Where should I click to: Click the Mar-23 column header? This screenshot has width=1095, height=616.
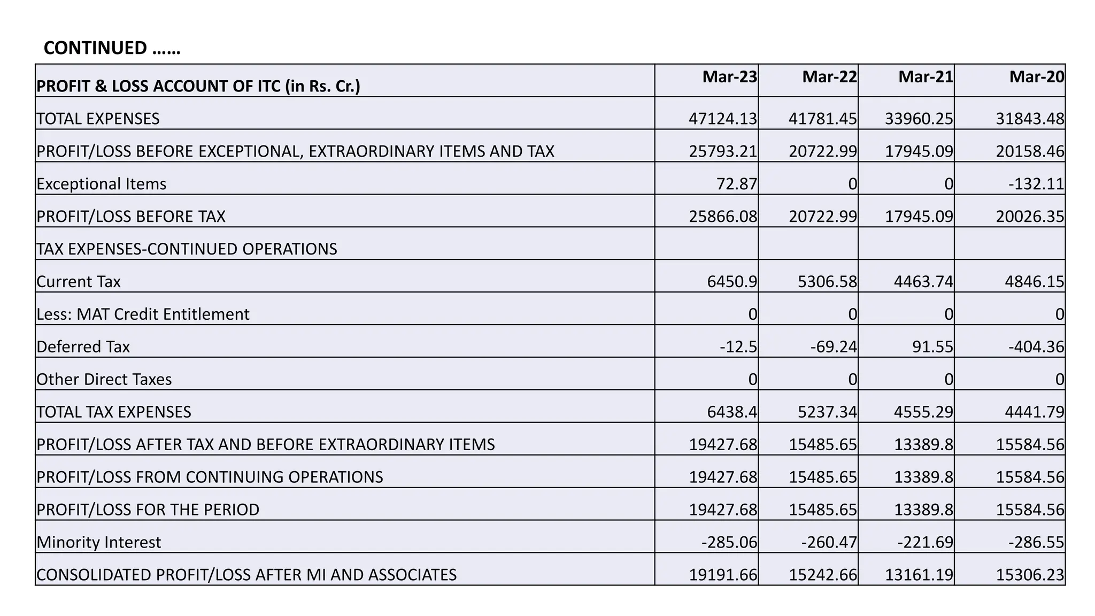[729, 77]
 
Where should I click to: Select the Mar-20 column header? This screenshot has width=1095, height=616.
[1036, 77]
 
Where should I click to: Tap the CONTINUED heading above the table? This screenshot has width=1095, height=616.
[112, 48]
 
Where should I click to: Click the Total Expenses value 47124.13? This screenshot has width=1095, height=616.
[722, 119]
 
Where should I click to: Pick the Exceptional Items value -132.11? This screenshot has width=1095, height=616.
[1036, 184]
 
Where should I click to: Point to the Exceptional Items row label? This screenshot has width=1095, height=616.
[102, 184]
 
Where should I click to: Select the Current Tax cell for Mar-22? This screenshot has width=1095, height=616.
[827, 282]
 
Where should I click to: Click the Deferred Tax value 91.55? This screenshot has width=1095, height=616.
[932, 347]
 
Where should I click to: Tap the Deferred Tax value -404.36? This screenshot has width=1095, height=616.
[1036, 347]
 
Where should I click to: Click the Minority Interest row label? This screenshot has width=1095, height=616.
[99, 542]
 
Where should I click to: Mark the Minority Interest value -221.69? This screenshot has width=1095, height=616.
[925, 542]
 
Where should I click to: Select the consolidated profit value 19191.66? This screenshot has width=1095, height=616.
[722, 575]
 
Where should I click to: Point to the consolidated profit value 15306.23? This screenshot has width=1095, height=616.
[1030, 575]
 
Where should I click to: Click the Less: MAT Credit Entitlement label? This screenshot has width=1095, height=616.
[143, 314]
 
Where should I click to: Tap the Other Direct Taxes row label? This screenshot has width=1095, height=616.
[104, 380]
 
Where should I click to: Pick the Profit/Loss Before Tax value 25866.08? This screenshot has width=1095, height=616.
[722, 217]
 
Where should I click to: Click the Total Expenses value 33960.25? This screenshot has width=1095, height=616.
[919, 119]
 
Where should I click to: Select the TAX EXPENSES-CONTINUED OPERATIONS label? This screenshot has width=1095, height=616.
[187, 249]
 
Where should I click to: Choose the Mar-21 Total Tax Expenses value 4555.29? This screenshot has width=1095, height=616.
[923, 412]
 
